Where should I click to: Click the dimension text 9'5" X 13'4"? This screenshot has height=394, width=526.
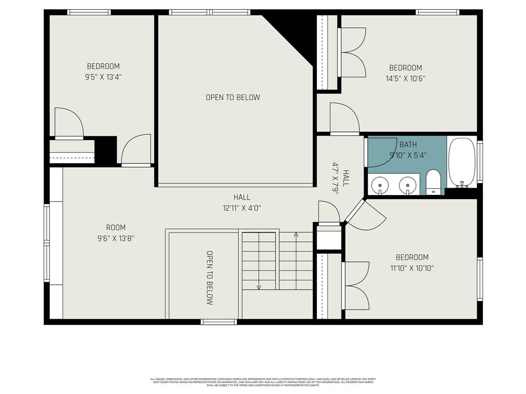pos(103,77)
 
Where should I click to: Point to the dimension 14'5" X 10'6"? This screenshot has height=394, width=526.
pos(405,78)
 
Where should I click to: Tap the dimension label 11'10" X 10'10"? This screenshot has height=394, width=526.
pos(411,268)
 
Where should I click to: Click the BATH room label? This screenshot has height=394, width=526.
pos(408,144)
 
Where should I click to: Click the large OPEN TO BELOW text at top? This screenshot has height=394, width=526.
pos(233,97)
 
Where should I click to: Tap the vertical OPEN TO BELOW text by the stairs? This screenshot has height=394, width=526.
pos(210,278)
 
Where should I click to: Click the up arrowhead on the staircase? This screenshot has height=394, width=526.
pos(296,235)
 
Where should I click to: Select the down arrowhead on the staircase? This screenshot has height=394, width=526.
pos(259,287)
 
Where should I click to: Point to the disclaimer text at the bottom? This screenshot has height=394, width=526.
pos(262,382)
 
